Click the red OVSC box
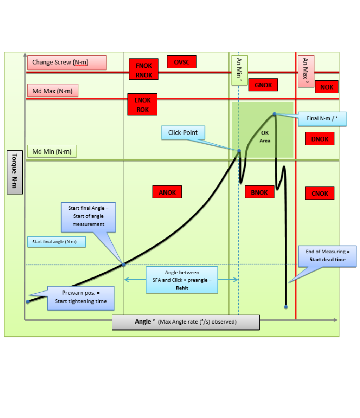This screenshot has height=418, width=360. point(181,62)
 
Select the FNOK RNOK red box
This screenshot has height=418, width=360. point(143,69)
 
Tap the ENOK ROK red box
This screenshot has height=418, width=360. point(142,105)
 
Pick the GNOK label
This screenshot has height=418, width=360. point(263,85)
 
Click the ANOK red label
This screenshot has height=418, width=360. point(167,192)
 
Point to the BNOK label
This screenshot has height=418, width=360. point(259,192)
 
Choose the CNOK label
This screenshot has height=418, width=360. point(320,193)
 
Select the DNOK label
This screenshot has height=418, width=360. point(320,139)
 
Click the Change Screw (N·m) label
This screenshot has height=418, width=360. point(67,63)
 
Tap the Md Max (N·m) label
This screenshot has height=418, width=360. point(53,91)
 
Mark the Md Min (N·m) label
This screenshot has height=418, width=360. point(52,152)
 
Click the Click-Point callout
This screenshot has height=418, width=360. point(183,133)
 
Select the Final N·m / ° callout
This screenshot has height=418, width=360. point(322,119)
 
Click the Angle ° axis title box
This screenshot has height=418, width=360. point(186,322)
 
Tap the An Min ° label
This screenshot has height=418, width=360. point(240,70)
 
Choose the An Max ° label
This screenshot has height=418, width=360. point(306,71)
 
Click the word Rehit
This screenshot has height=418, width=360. point(182,288)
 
